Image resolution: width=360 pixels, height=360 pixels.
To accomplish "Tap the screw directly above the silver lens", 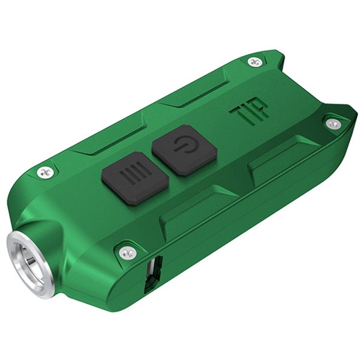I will tap(44, 171).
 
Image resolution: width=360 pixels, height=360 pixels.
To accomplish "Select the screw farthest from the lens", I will tap(333, 124).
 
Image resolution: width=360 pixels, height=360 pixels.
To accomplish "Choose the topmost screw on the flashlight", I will tap(254, 60).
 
